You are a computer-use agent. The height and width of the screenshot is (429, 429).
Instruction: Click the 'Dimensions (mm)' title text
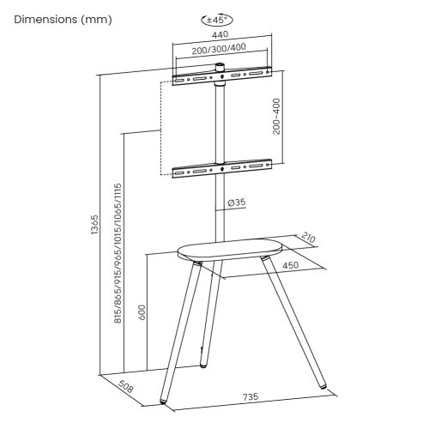tap(57, 19)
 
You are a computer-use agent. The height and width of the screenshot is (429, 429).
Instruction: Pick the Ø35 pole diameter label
tap(238, 203)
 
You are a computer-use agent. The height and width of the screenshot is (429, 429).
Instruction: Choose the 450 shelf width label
tap(291, 266)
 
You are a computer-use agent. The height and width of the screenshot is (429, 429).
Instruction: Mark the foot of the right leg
tap(323, 388)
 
